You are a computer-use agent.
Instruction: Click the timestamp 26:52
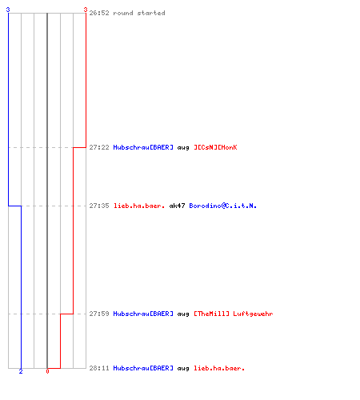(x=99, y=13)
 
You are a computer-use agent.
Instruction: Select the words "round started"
(x=139, y=13)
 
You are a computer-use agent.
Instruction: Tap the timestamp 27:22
(x=99, y=147)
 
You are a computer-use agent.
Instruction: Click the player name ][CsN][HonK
(x=215, y=147)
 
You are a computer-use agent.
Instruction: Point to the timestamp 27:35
(x=99, y=206)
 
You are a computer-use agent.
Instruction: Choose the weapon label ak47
(x=177, y=206)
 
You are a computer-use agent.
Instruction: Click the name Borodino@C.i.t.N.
(x=223, y=206)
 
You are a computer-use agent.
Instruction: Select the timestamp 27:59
(x=99, y=314)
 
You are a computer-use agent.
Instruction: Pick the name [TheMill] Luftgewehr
(x=234, y=314)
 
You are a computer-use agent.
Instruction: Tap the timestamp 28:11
(x=99, y=368)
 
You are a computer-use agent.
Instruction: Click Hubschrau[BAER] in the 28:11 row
(x=143, y=368)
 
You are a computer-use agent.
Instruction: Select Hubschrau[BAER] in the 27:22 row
(x=143, y=147)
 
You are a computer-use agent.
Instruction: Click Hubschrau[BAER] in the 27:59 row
(x=143, y=314)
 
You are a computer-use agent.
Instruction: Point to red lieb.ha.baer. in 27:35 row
(x=139, y=206)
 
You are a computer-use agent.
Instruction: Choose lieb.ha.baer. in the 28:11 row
(x=219, y=368)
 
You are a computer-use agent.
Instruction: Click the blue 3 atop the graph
(x=8, y=10)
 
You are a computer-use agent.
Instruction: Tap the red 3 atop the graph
(x=86, y=10)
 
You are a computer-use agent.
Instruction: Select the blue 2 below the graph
(x=21, y=371)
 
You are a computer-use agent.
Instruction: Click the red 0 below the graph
(x=47, y=371)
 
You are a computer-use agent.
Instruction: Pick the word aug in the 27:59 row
(x=183, y=314)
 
